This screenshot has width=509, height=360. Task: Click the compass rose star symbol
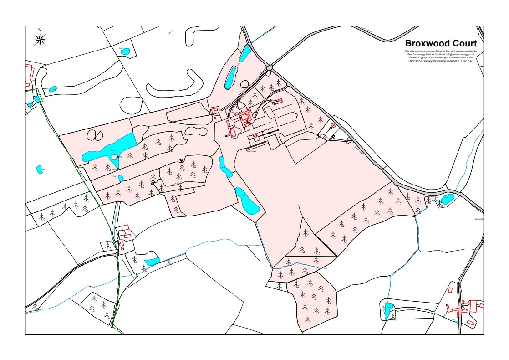(x=40, y=40)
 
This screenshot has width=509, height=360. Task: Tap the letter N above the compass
(x=40, y=30)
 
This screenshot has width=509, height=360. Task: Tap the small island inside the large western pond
(x=113, y=159)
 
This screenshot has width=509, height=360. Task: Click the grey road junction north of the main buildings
(x=269, y=67)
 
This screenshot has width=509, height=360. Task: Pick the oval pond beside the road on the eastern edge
(x=447, y=199)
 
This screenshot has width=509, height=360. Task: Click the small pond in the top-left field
(x=125, y=51)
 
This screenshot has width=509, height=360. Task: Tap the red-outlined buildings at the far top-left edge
(x=30, y=71)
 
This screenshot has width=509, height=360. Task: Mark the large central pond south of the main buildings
(x=247, y=201)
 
